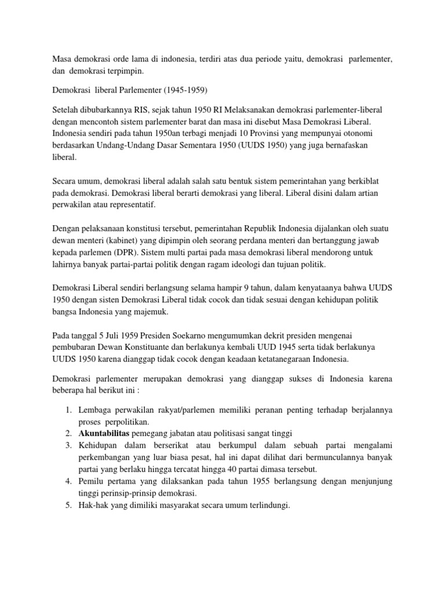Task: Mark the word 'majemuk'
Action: point(149,312)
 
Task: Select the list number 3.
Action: point(67,445)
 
